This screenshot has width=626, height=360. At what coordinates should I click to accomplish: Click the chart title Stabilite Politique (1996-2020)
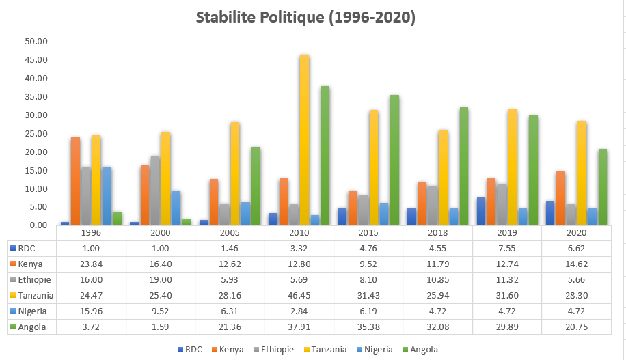[305, 18]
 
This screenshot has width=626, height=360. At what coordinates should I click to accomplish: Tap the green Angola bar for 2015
[394, 160]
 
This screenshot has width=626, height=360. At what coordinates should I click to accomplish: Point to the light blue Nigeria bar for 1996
[107, 195]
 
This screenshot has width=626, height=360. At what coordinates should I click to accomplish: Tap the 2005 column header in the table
[229, 233]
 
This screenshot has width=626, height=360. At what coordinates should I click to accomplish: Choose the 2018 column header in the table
[437, 233]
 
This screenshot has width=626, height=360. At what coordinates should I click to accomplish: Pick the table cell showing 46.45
[299, 296]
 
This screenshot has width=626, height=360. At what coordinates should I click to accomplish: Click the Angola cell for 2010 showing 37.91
[299, 327]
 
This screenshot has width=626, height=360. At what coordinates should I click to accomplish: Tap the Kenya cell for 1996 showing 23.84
[91, 264]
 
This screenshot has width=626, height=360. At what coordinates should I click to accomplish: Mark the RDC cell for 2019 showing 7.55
[506, 248]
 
